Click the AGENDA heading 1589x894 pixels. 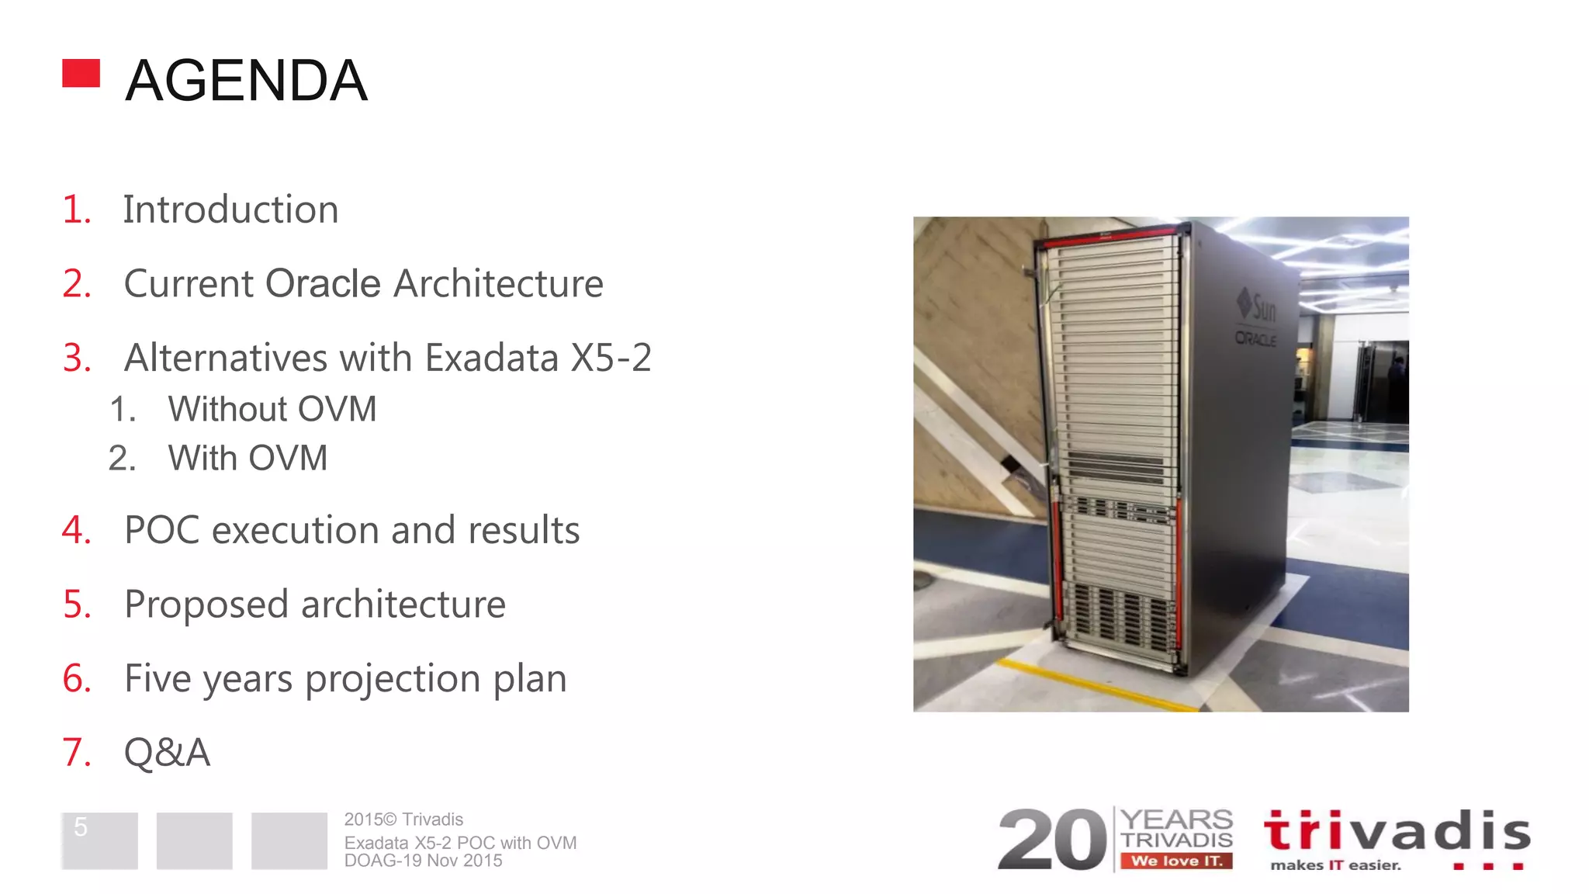[246, 81]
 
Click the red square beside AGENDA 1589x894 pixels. [81, 73]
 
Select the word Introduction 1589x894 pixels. [230, 210]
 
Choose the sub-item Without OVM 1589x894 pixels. [272, 409]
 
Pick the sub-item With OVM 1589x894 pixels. [248, 458]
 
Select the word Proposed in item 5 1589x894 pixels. [206, 605]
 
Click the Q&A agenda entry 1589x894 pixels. [167, 752]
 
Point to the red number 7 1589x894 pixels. [76, 752]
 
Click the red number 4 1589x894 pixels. [76, 530]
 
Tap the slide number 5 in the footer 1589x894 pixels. [81, 827]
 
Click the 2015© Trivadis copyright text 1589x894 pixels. [403, 819]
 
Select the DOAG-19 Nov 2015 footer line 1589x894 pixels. [423, 861]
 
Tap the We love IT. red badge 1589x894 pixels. [1176, 861]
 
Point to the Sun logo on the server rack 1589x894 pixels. [1258, 305]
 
